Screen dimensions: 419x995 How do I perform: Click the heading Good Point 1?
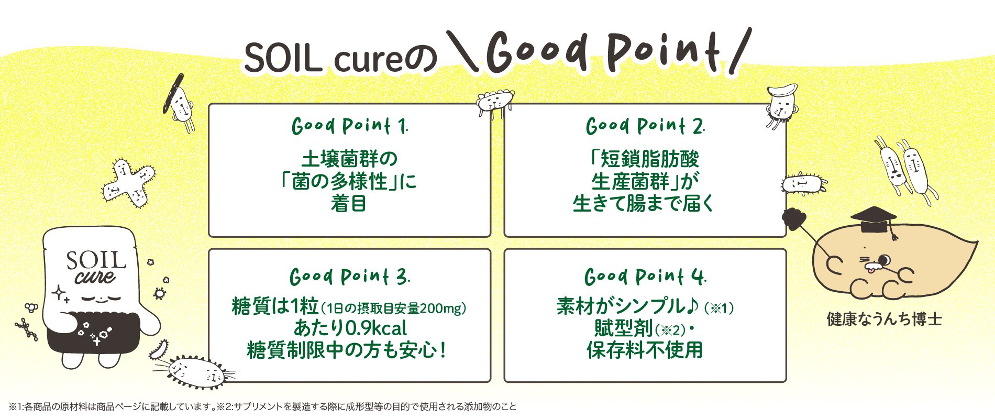tap(349, 126)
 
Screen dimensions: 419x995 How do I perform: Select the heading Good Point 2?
tap(645, 126)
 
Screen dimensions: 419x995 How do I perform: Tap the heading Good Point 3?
tap(349, 277)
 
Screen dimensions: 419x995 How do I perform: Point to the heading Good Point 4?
tap(645, 277)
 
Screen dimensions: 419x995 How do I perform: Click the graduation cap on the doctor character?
tap(873, 218)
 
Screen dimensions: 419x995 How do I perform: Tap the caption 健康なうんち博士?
tap(884, 319)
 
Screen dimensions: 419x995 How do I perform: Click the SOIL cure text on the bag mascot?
tap(96, 267)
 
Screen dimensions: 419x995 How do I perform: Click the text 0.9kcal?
tap(376, 328)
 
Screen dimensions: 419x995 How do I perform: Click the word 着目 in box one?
tap(349, 204)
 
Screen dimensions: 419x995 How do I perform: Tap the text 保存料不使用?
tap(645, 350)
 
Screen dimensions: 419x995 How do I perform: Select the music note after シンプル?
tap(692, 305)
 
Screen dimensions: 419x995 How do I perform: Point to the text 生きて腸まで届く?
tap(644, 204)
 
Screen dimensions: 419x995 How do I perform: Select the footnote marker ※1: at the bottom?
tap(16, 407)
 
